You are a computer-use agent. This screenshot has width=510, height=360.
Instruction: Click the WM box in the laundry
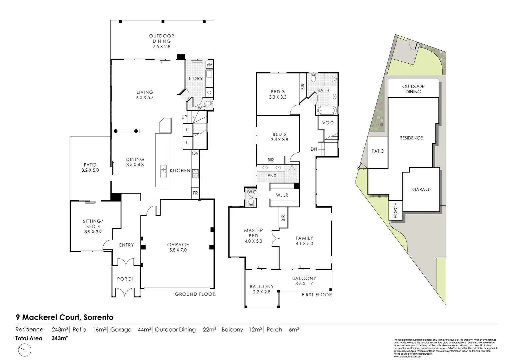click(210, 64)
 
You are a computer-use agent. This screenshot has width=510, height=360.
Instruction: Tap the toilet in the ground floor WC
click(209, 104)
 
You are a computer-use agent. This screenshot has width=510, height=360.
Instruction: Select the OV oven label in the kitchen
click(195, 153)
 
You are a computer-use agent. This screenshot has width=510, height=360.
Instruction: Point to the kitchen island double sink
click(164, 171)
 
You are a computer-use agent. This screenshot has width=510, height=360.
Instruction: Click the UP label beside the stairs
click(184, 117)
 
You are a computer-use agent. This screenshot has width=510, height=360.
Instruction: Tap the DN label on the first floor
click(314, 149)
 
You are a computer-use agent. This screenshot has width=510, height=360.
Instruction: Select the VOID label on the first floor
click(328, 123)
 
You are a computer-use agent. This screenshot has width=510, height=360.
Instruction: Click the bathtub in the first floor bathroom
click(327, 110)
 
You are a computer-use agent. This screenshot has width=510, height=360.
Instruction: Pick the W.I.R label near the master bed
click(282, 195)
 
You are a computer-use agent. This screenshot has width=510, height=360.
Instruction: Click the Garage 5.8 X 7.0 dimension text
click(178, 250)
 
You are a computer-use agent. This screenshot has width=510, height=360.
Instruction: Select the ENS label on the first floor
click(272, 176)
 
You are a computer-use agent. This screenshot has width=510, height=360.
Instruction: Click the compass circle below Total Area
click(23, 350)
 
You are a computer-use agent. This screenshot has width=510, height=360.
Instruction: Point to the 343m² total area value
click(60, 338)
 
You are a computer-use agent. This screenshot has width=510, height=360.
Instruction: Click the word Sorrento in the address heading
click(98, 317)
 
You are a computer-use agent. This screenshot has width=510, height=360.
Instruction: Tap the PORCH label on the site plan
click(395, 211)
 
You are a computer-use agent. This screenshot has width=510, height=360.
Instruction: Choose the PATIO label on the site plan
click(378, 151)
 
